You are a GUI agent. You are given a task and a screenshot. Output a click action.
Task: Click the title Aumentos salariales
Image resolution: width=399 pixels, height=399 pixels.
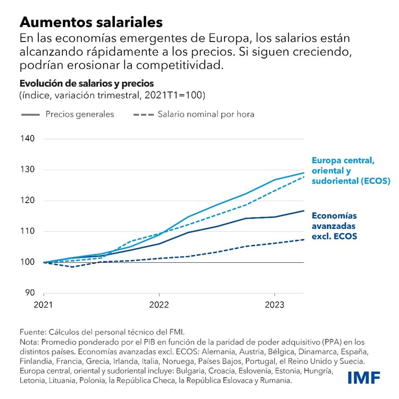point(91,22)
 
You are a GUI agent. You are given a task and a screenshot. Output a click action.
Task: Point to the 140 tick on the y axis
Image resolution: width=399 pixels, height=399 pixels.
point(28,139)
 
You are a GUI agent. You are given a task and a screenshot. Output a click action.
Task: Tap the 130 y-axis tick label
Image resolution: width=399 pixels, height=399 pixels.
point(28,170)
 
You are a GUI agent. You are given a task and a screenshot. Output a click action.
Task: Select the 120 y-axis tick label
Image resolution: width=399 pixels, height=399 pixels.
point(28,201)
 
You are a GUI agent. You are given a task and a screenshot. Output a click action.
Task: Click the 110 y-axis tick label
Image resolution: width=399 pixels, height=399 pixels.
point(28,231)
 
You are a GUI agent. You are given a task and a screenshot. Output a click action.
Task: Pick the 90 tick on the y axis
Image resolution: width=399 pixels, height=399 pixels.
point(30,293)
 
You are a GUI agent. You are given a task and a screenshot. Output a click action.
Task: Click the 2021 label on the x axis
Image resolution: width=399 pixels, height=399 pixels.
point(44,305)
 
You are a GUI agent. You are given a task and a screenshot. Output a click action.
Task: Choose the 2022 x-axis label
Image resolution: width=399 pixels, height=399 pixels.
point(159,305)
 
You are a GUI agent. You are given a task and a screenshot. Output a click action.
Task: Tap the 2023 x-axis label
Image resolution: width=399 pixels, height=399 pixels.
point(274,305)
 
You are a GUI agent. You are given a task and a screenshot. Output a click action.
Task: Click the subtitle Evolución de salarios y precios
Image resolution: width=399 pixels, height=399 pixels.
point(86,84)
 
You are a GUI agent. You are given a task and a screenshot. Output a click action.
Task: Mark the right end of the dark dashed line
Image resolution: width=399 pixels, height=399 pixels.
point(304,239)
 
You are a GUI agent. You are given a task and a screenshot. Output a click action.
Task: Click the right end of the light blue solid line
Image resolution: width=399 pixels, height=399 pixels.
point(304,173)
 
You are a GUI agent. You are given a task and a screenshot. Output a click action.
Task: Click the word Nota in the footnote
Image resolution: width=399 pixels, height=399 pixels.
point(30,342)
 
